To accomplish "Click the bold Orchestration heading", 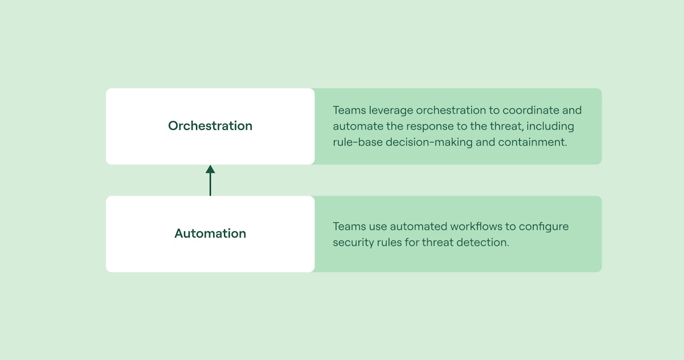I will click(x=210, y=126).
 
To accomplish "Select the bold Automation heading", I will click(x=210, y=234).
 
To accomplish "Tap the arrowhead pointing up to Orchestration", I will click(x=210, y=169).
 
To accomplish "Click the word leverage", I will click(x=388, y=111).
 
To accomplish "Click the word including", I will click(x=551, y=126).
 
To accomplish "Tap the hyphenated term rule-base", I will click(x=357, y=142).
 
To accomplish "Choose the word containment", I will click(x=532, y=142).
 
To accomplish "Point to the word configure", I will click(x=544, y=227).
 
